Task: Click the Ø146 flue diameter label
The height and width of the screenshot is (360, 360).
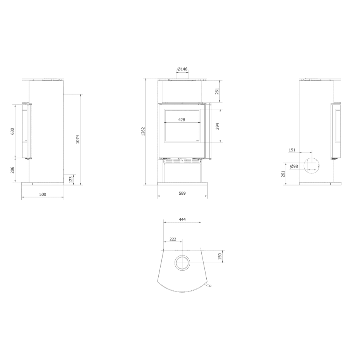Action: tap(182, 69)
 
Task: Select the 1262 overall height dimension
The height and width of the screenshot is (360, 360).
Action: tap(143, 131)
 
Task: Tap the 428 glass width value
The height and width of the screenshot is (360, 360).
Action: tap(182, 120)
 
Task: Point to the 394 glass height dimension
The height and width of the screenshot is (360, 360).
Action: tap(218, 126)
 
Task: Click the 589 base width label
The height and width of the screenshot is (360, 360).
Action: tap(182, 193)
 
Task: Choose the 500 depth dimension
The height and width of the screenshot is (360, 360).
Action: tap(43, 194)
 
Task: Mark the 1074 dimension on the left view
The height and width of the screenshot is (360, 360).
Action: tap(77, 139)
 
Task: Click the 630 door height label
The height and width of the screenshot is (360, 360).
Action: tap(12, 131)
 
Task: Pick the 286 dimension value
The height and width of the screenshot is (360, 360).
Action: tap(12, 170)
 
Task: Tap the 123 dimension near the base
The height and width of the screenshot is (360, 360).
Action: tap(71, 179)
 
